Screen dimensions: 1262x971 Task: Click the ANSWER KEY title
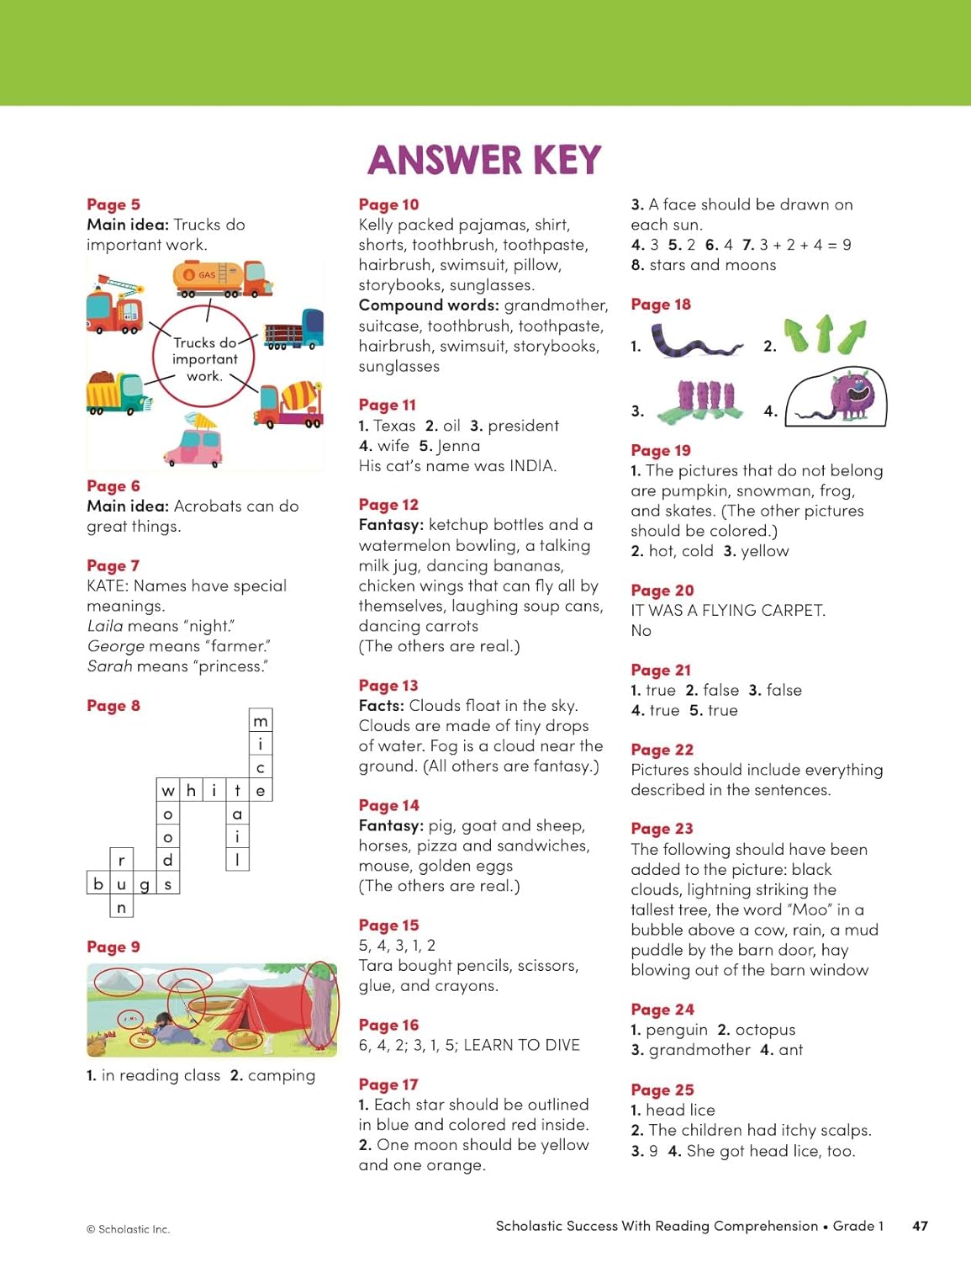tap(484, 160)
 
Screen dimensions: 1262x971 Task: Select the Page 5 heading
tap(113, 204)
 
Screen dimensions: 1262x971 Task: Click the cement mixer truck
tap(292, 404)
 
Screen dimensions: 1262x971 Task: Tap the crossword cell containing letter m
tap(261, 721)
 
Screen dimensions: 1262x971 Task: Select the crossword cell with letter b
tap(98, 883)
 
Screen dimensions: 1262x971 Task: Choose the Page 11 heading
tap(387, 405)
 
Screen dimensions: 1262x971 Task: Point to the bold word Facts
tap(383, 705)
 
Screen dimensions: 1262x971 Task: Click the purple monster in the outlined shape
tap(851, 394)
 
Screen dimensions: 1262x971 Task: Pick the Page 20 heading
tap(662, 590)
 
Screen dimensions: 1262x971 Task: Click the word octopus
tap(765, 1030)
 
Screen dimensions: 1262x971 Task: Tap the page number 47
tap(920, 1226)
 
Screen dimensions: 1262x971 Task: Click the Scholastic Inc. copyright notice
tap(129, 1229)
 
